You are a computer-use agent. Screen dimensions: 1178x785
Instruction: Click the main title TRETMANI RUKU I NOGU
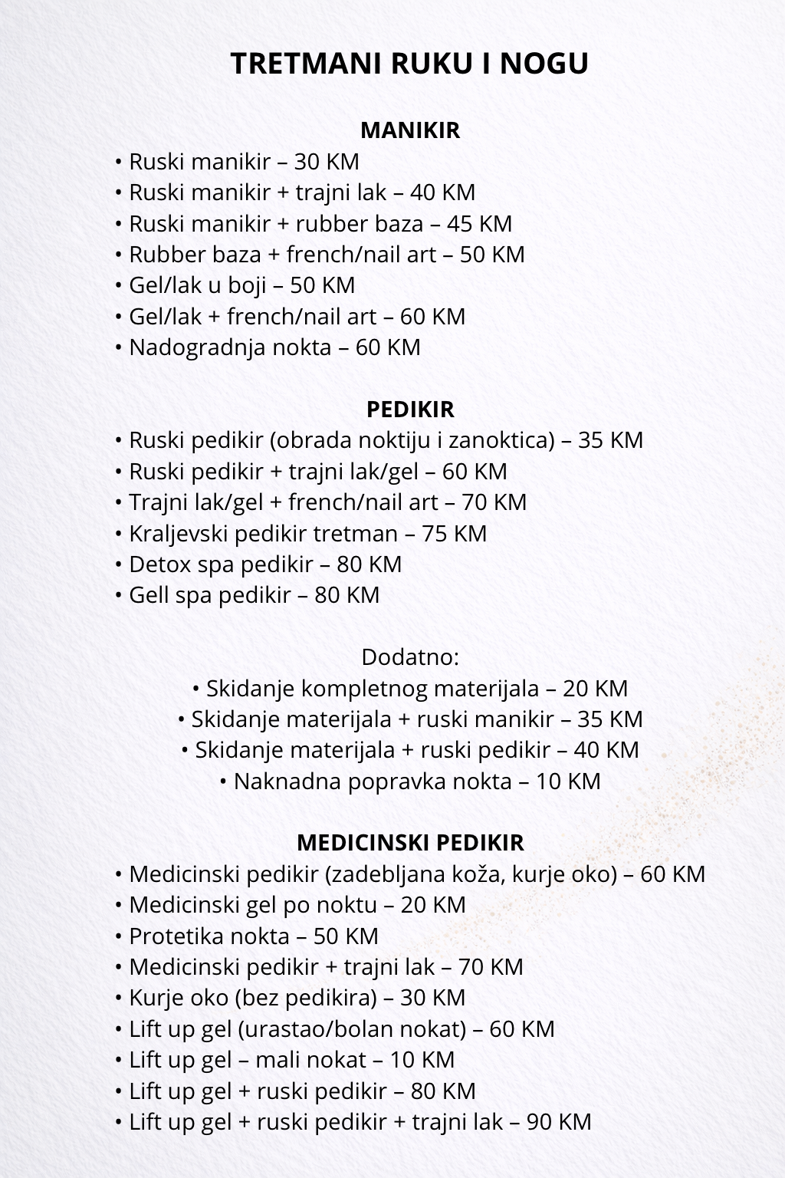[x=409, y=64]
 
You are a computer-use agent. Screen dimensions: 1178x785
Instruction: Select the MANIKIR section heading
[x=409, y=130]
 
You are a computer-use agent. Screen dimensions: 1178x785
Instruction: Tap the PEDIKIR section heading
[x=409, y=409]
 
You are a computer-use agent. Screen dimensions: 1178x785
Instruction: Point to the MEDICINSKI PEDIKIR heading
[x=409, y=842]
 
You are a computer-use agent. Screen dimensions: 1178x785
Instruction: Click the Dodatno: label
[x=409, y=657]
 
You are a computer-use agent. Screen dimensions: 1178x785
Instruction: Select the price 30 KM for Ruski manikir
[x=327, y=162]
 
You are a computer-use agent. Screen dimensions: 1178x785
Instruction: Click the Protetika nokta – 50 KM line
[x=253, y=936]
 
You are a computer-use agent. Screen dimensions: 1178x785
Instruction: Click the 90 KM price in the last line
[x=559, y=1122]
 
